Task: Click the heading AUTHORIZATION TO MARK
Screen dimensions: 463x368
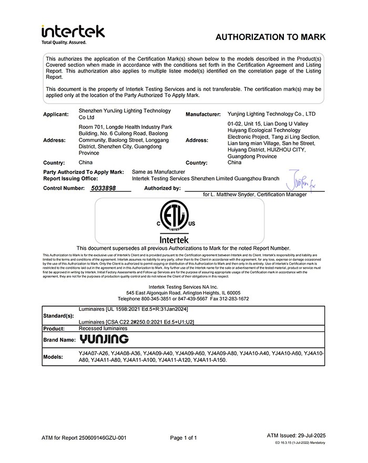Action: click(271, 37)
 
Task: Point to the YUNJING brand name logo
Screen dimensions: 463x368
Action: click(104, 339)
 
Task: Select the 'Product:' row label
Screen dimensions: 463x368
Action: click(54, 329)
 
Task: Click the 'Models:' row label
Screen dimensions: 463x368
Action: click(54, 357)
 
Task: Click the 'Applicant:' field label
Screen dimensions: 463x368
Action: click(56, 114)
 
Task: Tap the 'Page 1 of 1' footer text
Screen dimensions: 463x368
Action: click(184, 438)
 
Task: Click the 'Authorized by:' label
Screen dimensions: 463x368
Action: click(162, 188)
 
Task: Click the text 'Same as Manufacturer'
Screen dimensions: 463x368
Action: click(158, 172)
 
